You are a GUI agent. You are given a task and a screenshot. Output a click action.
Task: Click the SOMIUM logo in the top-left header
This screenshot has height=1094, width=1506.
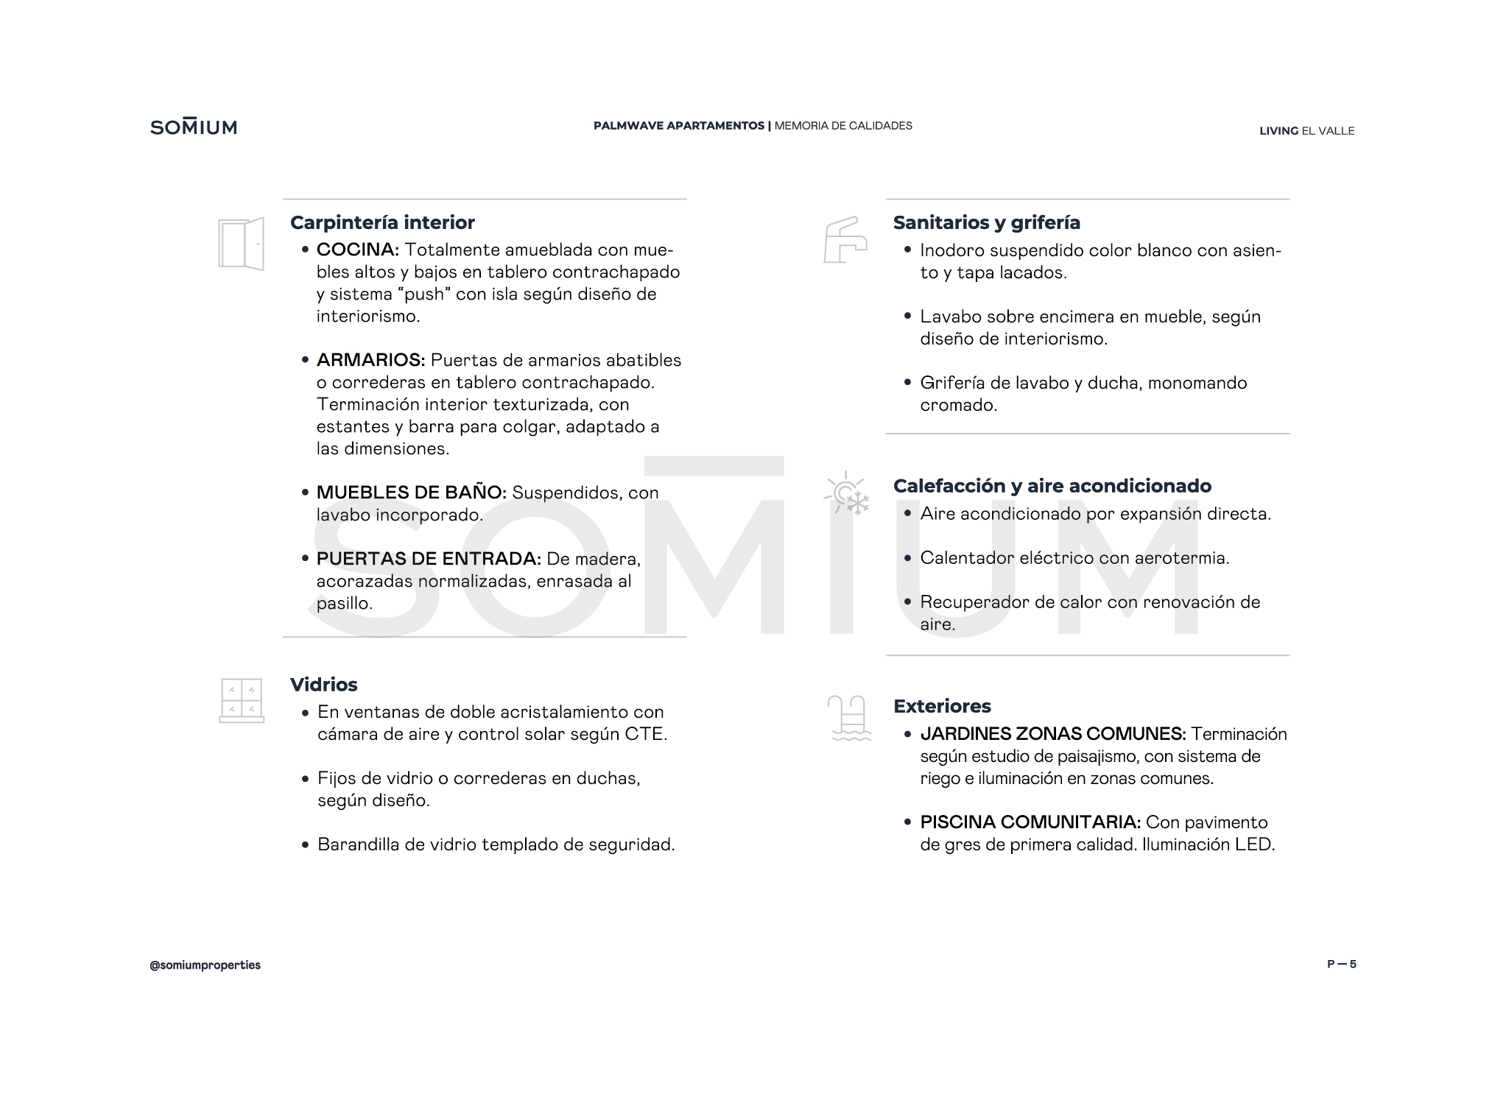point(194,127)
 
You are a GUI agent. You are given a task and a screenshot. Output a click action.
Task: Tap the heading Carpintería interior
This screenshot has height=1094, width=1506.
point(382,222)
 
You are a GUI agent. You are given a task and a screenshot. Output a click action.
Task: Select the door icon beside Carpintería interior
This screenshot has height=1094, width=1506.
point(242,244)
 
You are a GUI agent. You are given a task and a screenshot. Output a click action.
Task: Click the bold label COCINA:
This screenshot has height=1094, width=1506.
point(358,250)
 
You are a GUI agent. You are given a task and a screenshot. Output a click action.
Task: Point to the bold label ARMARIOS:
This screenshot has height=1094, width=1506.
point(370,360)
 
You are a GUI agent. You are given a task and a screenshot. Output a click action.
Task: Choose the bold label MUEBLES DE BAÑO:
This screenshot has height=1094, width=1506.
point(411,493)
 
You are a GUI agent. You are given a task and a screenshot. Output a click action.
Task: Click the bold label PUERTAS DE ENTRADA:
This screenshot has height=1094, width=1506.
point(429,559)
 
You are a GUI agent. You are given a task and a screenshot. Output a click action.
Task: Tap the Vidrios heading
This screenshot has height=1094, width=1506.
point(323,685)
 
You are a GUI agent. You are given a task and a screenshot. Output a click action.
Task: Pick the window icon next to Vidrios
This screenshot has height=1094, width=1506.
point(242,700)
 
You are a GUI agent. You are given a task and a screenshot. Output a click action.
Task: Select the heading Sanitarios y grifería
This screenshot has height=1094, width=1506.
point(986,222)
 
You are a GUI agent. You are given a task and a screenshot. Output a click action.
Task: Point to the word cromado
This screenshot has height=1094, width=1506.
point(957,405)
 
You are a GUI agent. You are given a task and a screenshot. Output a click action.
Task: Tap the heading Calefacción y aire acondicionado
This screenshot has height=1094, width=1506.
point(1052,486)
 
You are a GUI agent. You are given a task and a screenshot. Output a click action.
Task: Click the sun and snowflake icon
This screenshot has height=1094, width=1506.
point(848,493)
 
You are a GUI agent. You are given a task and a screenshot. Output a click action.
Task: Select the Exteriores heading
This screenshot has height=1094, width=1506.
point(942,706)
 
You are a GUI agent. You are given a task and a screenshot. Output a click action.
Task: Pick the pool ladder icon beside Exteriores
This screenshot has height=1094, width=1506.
point(849,718)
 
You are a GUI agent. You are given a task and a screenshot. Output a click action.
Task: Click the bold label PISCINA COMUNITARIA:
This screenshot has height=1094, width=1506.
point(1030,822)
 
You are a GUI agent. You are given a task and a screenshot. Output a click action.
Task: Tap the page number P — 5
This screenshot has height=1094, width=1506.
point(1341,964)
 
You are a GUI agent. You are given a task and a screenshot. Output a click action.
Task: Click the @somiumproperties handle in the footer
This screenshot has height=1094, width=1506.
point(205,965)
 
